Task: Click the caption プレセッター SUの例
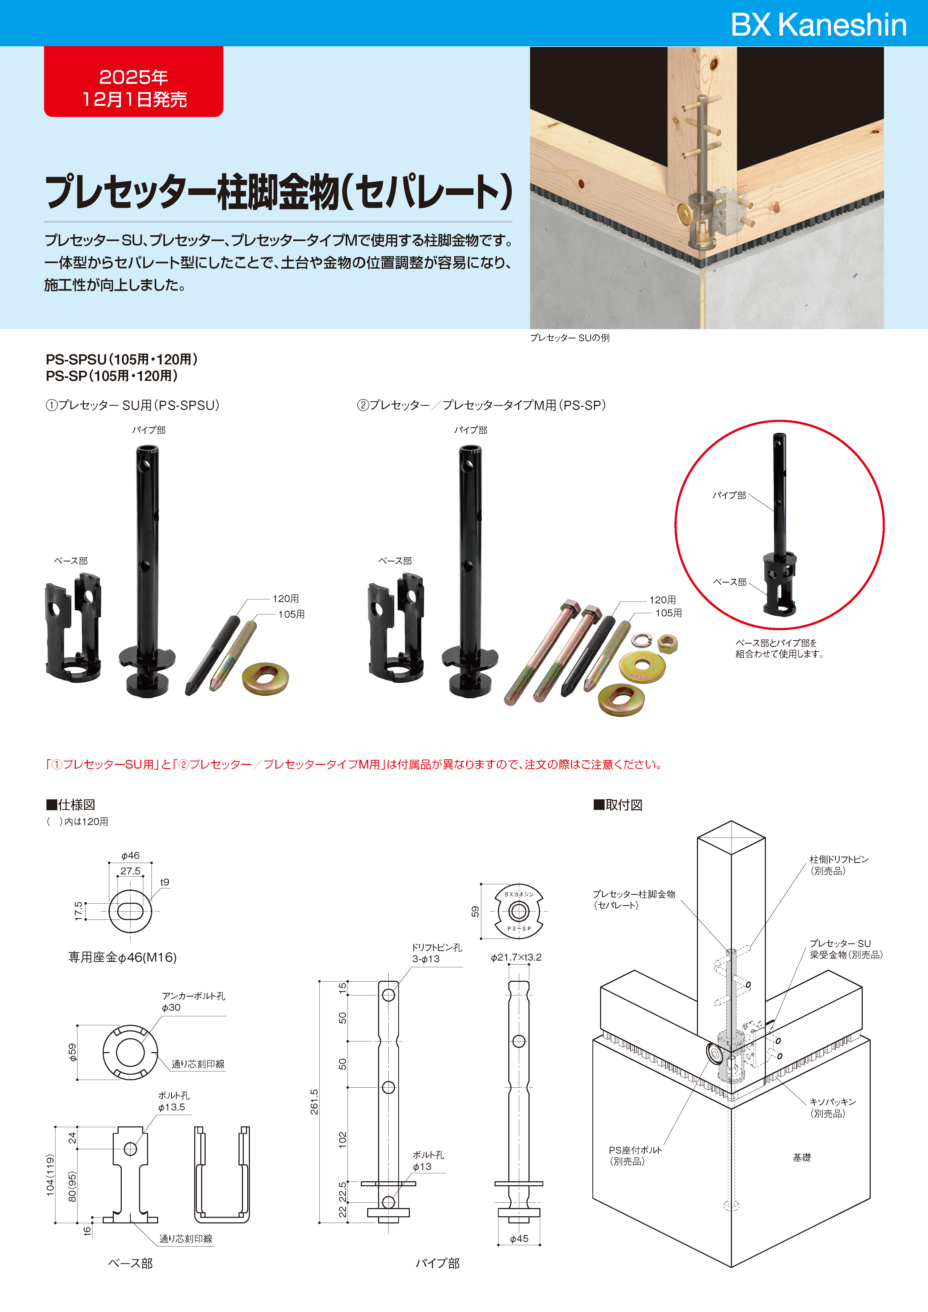point(570,338)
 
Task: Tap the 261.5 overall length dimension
point(314,1102)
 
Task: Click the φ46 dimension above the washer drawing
point(130,855)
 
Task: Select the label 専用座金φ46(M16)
point(122,957)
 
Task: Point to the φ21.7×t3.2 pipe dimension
point(516,957)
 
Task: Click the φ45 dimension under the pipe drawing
point(519,1238)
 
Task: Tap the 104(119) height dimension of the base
point(50,1175)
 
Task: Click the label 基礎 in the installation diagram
point(802,1157)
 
